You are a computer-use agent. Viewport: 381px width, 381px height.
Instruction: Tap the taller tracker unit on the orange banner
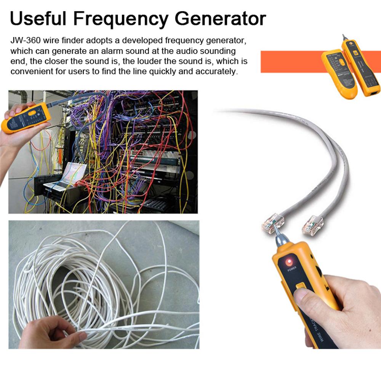pos(360,69)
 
